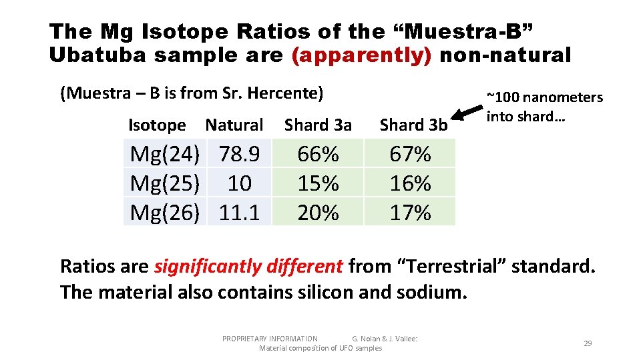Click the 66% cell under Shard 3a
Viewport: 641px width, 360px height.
(318, 154)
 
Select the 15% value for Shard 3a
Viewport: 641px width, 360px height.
(318, 183)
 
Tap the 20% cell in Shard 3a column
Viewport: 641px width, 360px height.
(318, 213)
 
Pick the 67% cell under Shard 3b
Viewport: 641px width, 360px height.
(410, 154)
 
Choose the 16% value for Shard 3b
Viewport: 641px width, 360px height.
(410, 183)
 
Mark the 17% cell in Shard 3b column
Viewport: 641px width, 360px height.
(410, 213)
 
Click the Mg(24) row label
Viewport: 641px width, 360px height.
(164, 154)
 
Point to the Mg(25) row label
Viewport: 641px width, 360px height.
(164, 183)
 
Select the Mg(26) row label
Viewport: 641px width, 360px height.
(164, 213)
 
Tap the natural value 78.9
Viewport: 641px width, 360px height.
(239, 154)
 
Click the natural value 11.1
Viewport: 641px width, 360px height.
(239, 213)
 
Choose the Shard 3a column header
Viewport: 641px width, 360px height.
(318, 125)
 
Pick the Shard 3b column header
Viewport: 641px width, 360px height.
(413, 125)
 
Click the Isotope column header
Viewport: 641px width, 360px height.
(157, 125)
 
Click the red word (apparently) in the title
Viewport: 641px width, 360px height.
(361, 55)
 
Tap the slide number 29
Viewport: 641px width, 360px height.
(588, 343)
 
